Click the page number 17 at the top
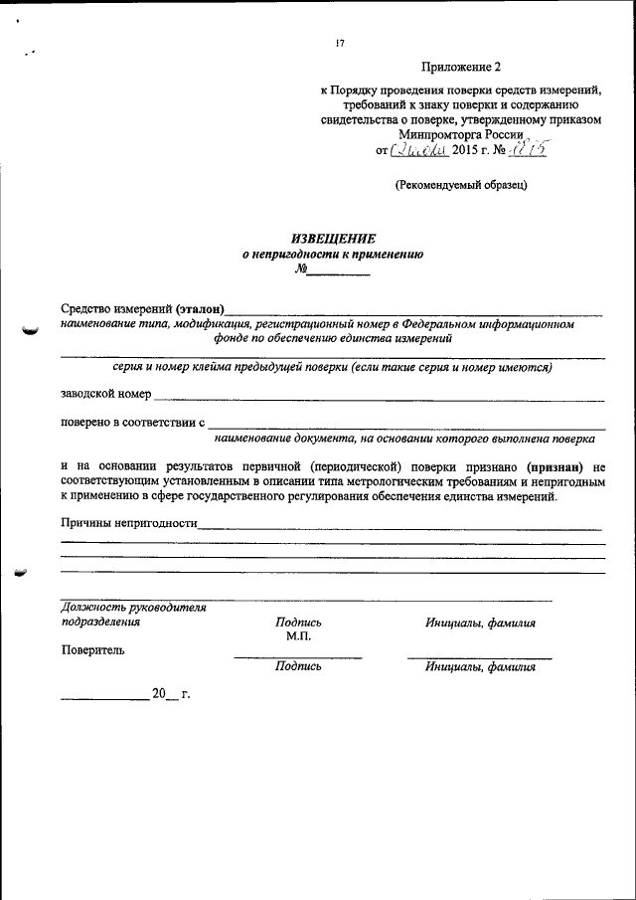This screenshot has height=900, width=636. point(340,44)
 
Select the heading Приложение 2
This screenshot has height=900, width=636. point(461,68)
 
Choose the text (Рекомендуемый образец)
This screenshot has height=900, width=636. point(460,184)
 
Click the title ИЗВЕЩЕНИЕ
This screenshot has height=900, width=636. point(333,238)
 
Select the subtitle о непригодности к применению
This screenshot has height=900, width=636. point(333,254)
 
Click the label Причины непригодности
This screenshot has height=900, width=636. point(128,523)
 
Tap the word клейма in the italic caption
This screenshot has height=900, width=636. point(222,367)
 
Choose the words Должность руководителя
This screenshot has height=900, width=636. point(133,608)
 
